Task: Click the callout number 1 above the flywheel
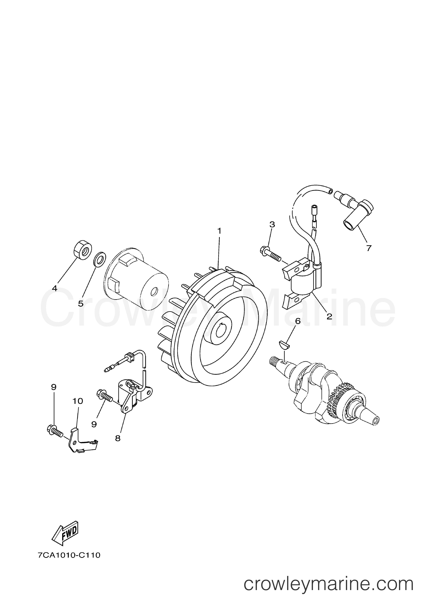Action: point(219,231)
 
